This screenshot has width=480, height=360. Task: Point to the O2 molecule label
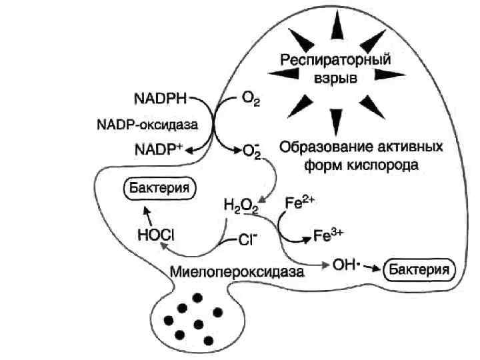[x=250, y=101]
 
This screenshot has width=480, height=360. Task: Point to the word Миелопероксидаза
[x=237, y=272]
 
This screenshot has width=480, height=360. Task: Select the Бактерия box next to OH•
[x=421, y=269]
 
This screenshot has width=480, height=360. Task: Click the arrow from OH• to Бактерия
[x=374, y=267]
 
